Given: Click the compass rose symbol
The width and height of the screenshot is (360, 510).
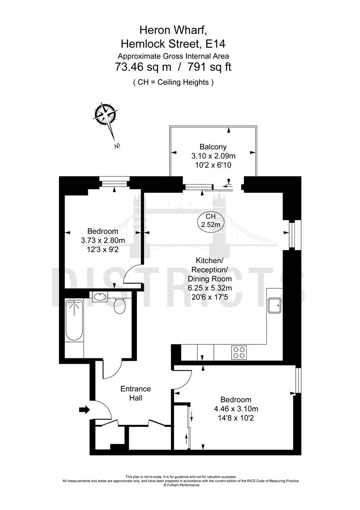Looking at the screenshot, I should (x=106, y=114).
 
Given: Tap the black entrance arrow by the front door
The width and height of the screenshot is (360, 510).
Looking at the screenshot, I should (x=84, y=410).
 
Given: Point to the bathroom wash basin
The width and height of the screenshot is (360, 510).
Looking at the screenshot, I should (x=100, y=297).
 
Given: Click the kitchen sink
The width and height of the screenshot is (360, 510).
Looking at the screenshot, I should (x=275, y=306).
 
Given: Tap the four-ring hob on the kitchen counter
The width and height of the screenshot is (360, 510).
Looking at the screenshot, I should (x=239, y=352).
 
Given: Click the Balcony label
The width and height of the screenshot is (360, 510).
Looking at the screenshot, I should (x=213, y=146).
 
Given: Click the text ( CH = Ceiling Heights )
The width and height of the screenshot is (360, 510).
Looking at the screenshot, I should (x=173, y=82).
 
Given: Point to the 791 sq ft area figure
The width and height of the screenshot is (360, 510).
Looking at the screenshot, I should (x=209, y=67).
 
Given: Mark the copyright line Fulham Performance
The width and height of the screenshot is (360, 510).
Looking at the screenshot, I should (x=181, y=485).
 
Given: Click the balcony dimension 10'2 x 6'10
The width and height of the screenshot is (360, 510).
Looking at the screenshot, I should (x=213, y=164).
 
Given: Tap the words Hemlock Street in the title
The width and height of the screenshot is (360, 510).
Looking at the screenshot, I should (x=160, y=44).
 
